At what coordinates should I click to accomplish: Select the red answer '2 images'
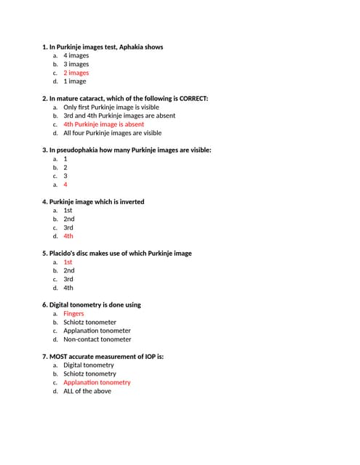point(76,73)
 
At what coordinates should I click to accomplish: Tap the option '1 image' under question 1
point(74,81)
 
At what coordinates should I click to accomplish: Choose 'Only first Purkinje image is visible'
point(111,107)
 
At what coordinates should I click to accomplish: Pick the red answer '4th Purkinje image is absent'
point(103,124)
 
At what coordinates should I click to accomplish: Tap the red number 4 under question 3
point(65,185)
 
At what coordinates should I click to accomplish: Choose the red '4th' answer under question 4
point(68,236)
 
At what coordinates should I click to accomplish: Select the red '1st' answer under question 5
point(68,262)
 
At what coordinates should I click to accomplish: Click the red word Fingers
point(73,314)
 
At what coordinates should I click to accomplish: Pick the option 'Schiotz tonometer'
point(89,322)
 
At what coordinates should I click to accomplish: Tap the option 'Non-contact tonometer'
point(97,339)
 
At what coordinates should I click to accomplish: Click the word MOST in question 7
point(59,357)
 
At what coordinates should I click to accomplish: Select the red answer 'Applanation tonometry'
point(97,382)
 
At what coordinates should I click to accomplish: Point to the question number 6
point(44,305)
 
